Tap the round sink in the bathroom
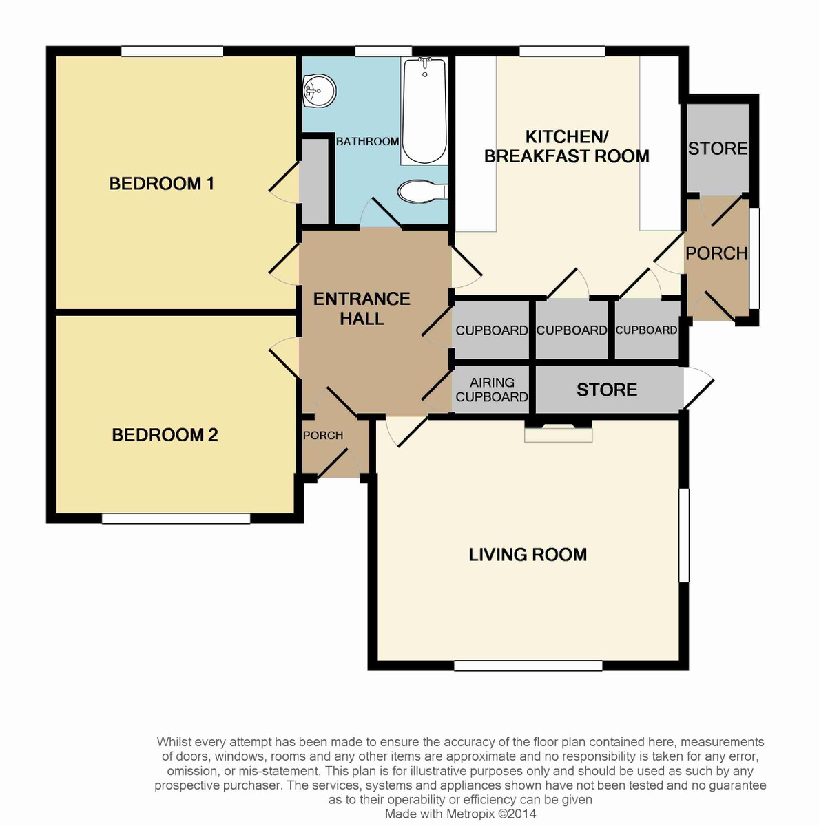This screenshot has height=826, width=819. (x=318, y=91)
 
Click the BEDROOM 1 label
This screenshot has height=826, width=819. (x=162, y=184)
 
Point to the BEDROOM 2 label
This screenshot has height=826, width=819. (x=165, y=435)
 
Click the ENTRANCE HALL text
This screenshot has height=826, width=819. (x=362, y=308)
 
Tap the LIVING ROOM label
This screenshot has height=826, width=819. (x=528, y=555)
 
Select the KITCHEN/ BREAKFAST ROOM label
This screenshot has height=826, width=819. (x=566, y=147)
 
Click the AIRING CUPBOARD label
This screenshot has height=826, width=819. (x=491, y=390)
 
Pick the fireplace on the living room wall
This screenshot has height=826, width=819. (x=558, y=432)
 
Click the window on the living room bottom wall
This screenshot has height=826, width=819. (x=528, y=666)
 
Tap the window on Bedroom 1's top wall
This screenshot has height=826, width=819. (x=172, y=51)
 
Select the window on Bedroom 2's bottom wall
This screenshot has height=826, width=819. (x=176, y=518)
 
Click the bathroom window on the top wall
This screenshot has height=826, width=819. (x=383, y=51)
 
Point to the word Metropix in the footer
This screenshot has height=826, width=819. (x=468, y=814)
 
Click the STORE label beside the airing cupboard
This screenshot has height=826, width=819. (x=606, y=390)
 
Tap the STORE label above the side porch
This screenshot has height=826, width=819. (x=717, y=149)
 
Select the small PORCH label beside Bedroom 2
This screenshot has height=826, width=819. (x=323, y=436)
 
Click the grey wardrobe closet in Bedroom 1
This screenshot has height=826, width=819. (x=315, y=181)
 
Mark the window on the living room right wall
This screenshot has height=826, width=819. (x=684, y=536)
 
